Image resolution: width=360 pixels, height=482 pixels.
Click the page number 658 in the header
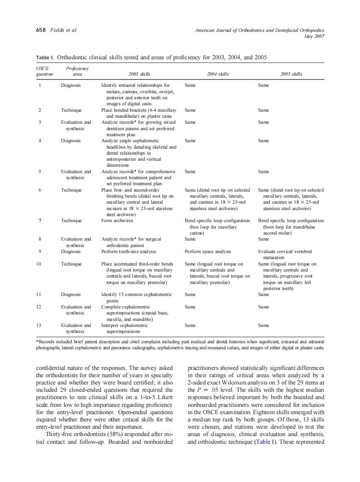(40, 30)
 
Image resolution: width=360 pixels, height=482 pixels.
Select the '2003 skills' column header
(137, 74)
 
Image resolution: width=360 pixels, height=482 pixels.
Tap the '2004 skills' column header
(218, 74)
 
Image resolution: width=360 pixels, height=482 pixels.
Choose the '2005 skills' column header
(291, 74)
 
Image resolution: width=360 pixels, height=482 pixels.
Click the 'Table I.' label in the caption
(45, 57)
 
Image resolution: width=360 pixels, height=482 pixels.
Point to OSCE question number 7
(40, 221)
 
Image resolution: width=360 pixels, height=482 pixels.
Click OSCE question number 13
(40, 326)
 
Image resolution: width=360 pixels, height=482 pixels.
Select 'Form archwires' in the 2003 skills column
(117, 221)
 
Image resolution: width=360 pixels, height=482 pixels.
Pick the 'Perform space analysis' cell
(208, 252)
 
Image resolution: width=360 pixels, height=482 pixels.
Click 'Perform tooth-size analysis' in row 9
(129, 252)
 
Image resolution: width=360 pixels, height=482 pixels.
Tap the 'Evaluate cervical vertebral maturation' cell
(285, 255)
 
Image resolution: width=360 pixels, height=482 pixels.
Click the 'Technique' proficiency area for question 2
(71, 110)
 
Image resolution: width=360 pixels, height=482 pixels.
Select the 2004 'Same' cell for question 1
(190, 85)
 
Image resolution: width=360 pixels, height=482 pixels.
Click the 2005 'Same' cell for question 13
(263, 326)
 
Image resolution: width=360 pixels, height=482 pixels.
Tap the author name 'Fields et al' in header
(64, 30)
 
